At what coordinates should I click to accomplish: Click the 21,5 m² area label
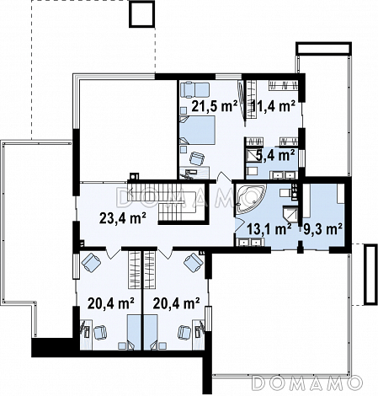click(x=215, y=106)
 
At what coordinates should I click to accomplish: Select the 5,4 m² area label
click(x=275, y=156)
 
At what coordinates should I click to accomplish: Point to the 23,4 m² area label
click(x=123, y=218)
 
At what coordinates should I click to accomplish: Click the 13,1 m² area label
click(x=269, y=229)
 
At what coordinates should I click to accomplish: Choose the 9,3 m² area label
click(x=322, y=229)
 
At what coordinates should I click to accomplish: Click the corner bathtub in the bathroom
click(x=249, y=198)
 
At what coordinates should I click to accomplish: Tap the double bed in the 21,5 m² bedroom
click(x=197, y=131)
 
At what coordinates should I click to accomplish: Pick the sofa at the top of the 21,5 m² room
click(x=194, y=90)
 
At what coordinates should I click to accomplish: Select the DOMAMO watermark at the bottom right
click(x=306, y=383)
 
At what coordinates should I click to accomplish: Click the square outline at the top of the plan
click(x=142, y=14)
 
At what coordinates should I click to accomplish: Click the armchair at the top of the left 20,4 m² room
click(x=91, y=262)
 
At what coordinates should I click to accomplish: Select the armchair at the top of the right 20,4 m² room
click(x=194, y=262)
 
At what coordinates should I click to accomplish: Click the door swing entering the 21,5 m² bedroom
click(x=225, y=179)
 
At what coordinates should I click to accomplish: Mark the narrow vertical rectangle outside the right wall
click(x=370, y=275)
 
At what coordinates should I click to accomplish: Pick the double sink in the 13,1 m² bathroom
click(x=248, y=243)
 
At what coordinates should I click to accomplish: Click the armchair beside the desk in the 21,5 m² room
click(x=197, y=158)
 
